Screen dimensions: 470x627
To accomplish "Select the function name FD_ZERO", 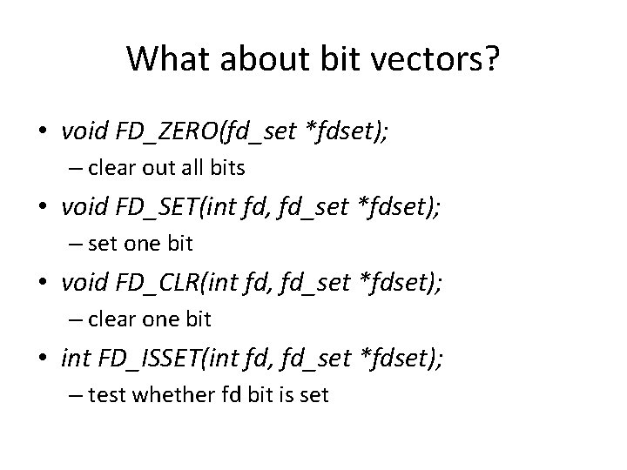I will click(x=165, y=132).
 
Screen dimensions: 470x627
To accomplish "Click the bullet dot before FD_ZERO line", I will click(x=43, y=132).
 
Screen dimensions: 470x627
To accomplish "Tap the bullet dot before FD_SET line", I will click(x=43, y=207).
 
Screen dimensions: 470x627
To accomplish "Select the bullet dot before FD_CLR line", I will click(x=43, y=282).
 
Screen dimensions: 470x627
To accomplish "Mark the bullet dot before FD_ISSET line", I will click(x=43, y=357).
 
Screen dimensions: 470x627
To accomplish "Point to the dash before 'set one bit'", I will click(x=76, y=244).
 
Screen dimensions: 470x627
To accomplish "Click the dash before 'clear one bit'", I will click(x=76, y=319).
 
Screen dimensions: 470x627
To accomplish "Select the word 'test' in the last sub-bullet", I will click(x=106, y=394).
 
